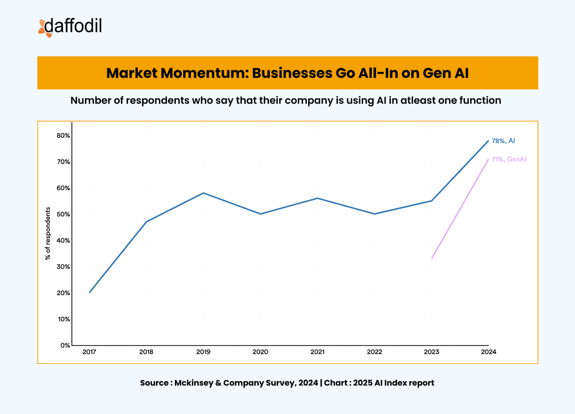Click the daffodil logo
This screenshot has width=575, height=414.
(70, 27)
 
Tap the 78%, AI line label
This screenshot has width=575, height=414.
(503, 141)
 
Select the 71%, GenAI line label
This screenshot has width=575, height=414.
(509, 159)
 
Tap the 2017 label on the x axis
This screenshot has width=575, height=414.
(89, 352)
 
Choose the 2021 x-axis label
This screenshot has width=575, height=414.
(317, 352)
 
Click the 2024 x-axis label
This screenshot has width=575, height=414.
(488, 352)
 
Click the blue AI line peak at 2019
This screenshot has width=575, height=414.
(203, 193)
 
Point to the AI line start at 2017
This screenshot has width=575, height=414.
(90, 292)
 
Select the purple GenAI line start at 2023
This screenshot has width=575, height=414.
(432, 258)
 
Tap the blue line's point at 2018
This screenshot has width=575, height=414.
(146, 221)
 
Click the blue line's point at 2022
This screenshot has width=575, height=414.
(375, 214)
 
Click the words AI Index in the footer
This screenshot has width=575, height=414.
(387, 383)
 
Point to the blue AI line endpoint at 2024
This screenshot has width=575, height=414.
(488, 141)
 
